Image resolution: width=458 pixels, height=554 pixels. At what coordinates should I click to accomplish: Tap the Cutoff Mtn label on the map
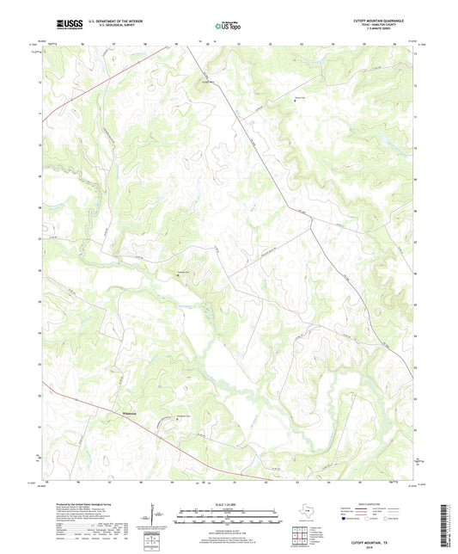click(207, 82)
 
